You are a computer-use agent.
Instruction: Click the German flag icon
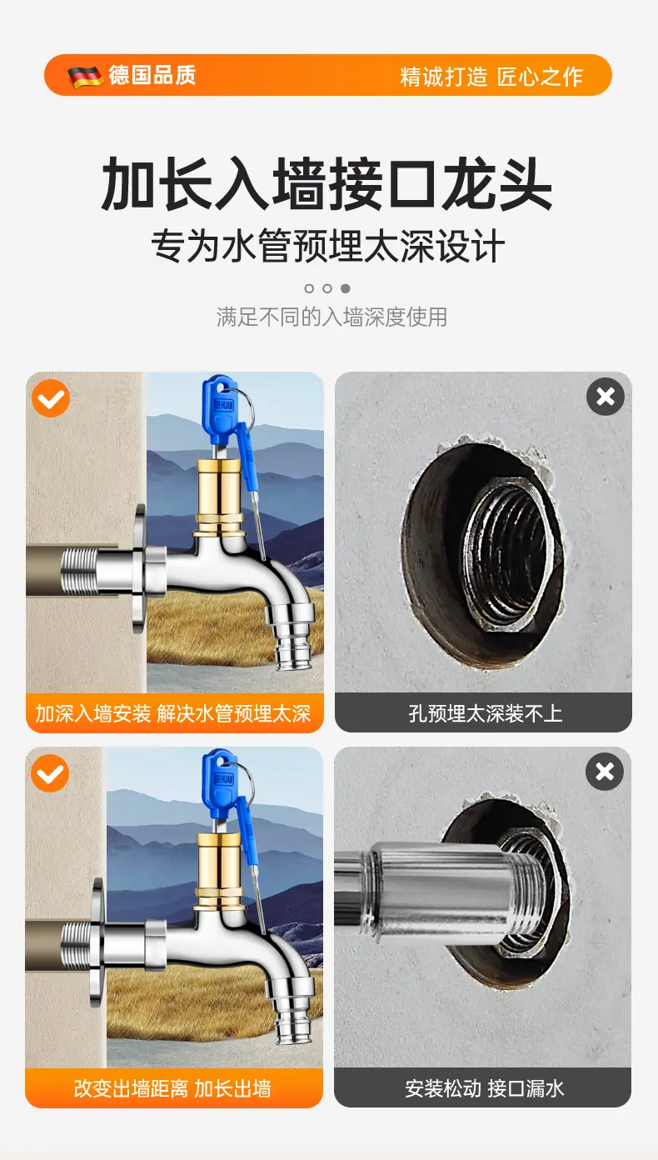click(x=86, y=76)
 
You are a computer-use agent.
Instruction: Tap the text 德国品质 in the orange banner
click(x=152, y=75)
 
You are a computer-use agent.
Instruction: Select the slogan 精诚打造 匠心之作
click(x=491, y=77)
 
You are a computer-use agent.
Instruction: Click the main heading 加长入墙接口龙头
click(x=327, y=184)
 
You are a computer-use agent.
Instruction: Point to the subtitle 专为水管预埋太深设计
click(x=327, y=246)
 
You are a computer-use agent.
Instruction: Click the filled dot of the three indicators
click(x=346, y=288)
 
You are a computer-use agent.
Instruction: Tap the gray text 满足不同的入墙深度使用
click(x=331, y=317)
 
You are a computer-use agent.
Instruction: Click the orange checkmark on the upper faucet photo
click(x=51, y=398)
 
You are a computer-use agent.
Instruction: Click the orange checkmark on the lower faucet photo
click(x=50, y=773)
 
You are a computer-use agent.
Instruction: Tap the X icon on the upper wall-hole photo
click(x=606, y=397)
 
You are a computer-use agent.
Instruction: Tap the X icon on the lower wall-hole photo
click(x=605, y=772)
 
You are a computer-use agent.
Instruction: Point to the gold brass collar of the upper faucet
click(x=220, y=498)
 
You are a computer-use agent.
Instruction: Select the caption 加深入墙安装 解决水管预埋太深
click(x=173, y=713)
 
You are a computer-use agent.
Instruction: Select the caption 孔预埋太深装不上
click(x=485, y=713)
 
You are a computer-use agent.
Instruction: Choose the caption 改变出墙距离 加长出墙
click(x=172, y=1088)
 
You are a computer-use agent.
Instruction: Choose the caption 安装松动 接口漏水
click(x=484, y=1088)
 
